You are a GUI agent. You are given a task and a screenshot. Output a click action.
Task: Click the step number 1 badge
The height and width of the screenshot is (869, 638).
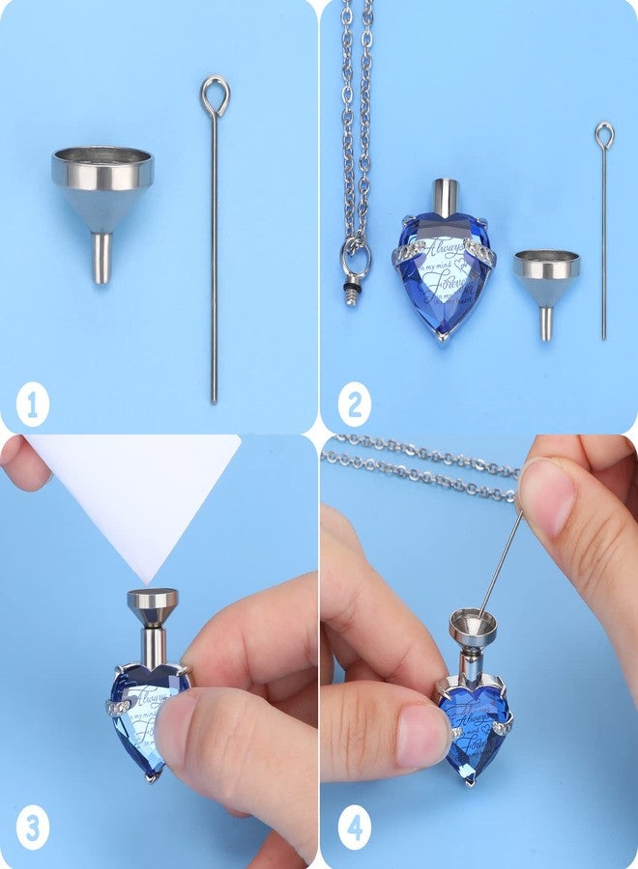32,405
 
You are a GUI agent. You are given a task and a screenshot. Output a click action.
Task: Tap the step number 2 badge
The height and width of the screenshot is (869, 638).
353,405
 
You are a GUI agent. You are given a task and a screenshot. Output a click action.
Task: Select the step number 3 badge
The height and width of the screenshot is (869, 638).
32,828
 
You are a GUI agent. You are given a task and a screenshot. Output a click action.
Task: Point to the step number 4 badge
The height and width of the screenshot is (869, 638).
353,828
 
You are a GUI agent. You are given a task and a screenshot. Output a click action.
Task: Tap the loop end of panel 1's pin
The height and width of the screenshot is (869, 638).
215,95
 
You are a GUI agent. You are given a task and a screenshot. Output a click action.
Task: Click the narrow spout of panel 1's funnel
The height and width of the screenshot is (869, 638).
101,258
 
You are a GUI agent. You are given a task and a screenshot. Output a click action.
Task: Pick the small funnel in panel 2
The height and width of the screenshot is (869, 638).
547,280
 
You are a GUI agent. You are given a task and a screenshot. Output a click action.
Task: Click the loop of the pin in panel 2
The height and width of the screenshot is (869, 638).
604,134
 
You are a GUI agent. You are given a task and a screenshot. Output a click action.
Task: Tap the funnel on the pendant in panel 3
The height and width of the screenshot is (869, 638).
153,604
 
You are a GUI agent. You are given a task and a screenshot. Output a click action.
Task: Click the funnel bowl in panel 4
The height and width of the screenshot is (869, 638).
473,627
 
